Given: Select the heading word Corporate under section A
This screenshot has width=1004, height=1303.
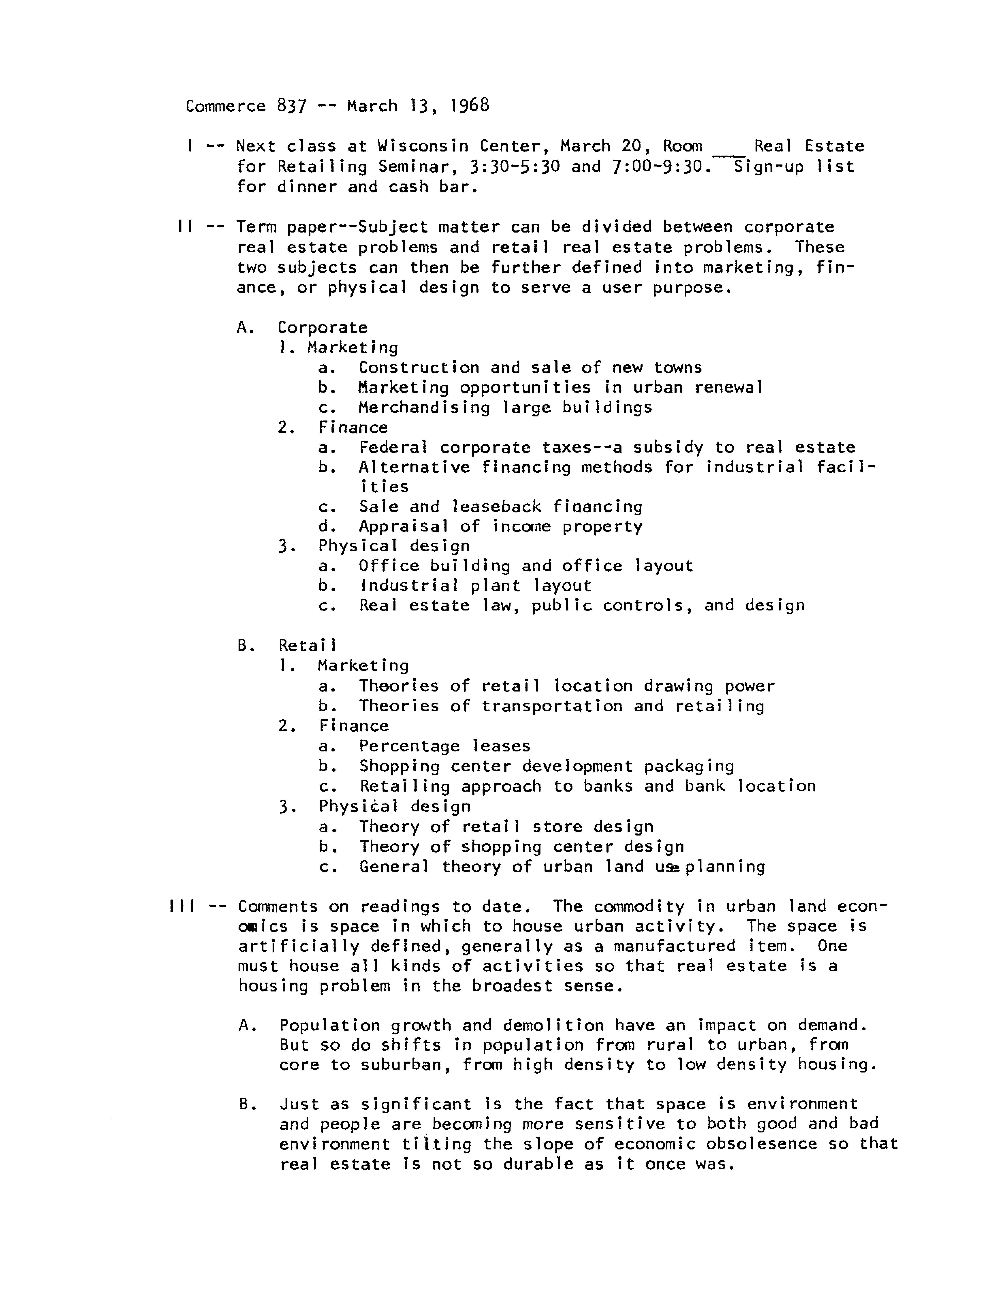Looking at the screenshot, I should [x=322, y=328].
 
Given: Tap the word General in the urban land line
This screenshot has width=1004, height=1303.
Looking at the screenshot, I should [x=394, y=867].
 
